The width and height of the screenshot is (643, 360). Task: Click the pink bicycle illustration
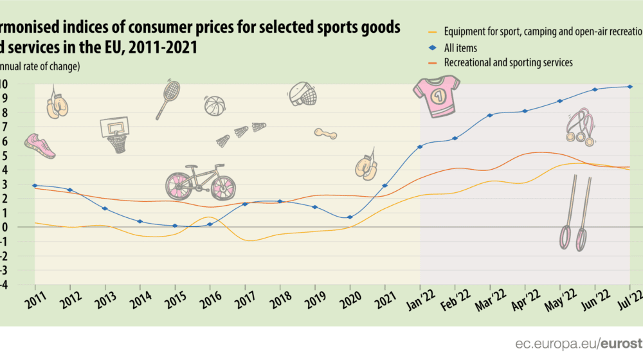(200, 181)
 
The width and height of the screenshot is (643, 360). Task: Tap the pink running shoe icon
(40, 146)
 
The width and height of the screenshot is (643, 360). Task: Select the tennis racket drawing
(168, 98)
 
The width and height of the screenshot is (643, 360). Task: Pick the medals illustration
(580, 127)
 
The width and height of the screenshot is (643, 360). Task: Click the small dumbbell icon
(325, 133)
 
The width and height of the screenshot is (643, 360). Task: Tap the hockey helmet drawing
(303, 94)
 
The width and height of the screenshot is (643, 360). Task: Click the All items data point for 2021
(385, 186)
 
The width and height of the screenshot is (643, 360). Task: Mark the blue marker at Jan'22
(420, 147)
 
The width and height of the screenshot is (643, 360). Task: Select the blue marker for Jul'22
(630, 87)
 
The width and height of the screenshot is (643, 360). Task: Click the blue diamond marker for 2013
(105, 209)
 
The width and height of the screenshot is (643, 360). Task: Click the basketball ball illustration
(214, 106)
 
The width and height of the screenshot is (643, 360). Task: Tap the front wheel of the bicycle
(222, 186)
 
